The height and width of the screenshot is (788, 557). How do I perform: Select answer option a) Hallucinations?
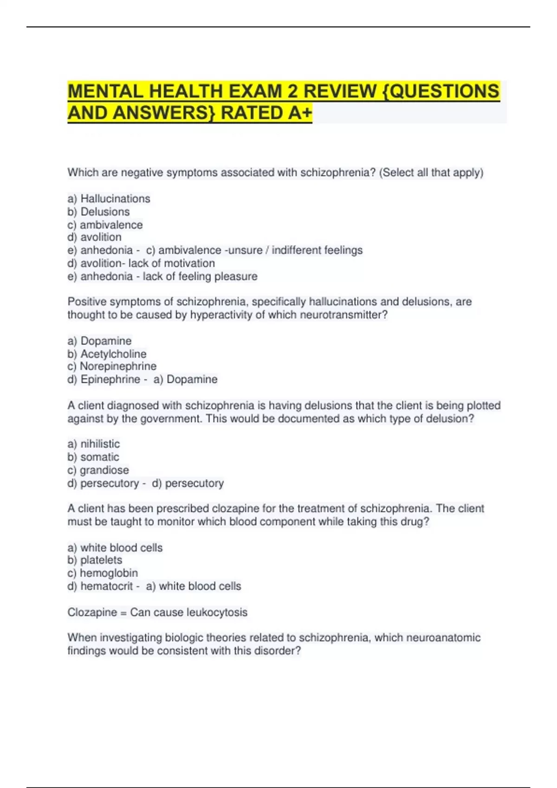(x=109, y=199)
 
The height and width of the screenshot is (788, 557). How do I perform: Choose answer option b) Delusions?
(x=99, y=212)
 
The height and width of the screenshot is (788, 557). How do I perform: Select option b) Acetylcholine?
(x=107, y=354)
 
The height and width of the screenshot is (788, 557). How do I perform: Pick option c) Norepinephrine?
(x=112, y=366)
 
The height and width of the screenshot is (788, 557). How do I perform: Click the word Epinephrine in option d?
(x=110, y=379)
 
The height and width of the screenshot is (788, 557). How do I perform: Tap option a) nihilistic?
(x=94, y=444)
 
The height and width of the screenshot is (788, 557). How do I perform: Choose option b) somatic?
(x=93, y=457)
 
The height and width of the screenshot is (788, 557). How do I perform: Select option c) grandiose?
(x=98, y=470)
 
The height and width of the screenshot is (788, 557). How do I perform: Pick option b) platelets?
(x=95, y=560)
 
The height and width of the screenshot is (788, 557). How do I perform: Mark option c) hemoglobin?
(x=103, y=573)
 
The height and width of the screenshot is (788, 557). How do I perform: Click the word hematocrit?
(x=106, y=586)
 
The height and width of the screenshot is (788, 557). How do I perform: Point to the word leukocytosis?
(x=217, y=612)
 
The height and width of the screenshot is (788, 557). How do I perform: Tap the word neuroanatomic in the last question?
(x=443, y=638)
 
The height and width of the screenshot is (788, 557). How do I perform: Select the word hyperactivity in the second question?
(x=220, y=315)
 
